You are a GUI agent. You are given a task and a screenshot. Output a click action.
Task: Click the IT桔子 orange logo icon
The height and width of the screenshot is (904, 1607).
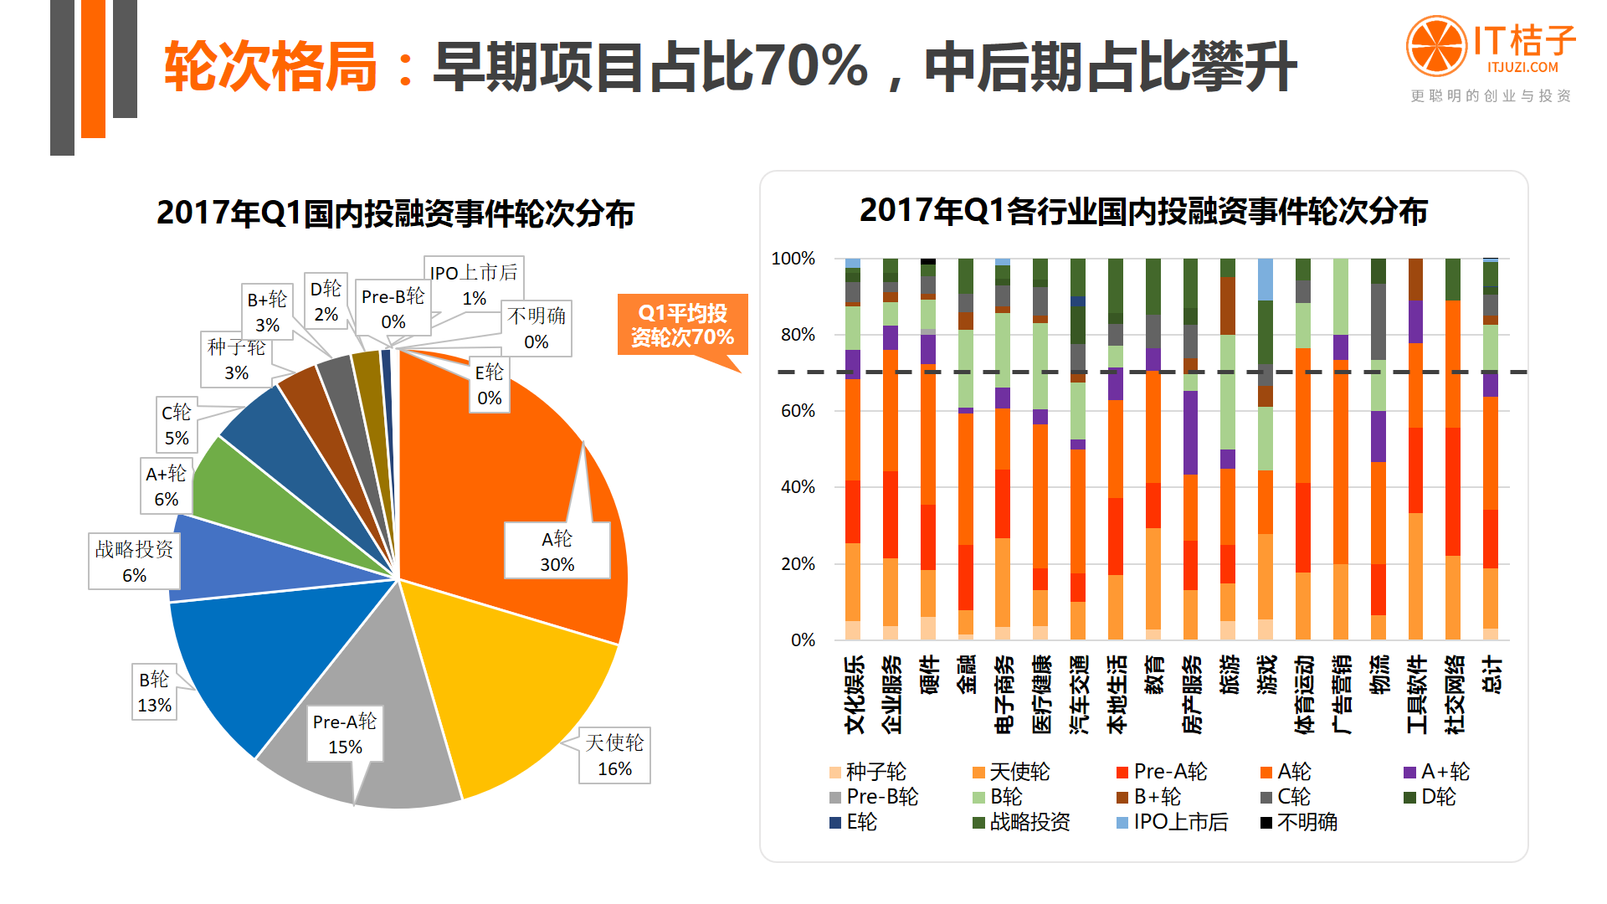[x=1436, y=45]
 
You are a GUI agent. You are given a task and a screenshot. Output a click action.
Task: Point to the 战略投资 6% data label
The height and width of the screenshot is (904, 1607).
[x=134, y=562]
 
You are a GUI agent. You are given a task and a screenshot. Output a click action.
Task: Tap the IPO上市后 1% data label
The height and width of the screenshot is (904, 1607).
[x=474, y=285]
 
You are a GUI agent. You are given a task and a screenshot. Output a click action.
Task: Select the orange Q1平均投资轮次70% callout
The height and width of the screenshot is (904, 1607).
[x=682, y=325]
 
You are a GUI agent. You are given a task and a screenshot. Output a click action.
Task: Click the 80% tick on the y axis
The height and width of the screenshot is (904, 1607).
[x=798, y=335]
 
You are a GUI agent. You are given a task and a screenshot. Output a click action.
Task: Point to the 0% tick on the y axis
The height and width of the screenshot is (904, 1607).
[x=803, y=640]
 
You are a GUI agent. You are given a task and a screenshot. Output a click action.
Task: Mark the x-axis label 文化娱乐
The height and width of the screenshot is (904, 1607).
[x=854, y=695]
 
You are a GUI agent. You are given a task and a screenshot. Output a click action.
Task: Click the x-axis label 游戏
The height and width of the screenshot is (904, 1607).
[x=1266, y=675]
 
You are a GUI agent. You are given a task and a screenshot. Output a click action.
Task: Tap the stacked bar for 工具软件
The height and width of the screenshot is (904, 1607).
[x=1416, y=452]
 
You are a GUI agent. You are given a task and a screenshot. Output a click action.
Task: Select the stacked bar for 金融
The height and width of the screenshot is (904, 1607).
[x=966, y=452]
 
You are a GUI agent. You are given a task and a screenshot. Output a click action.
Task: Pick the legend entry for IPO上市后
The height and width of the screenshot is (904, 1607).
[x=1172, y=822]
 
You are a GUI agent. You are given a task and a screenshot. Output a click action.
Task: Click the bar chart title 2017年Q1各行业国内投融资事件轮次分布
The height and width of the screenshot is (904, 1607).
[x=1143, y=211]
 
